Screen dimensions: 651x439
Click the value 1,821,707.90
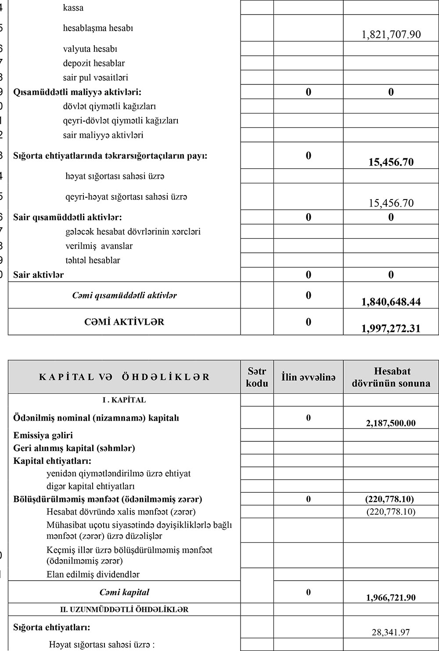point(391,34)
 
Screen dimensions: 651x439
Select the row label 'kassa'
point(73,8)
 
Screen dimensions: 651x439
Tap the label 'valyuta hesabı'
point(90,49)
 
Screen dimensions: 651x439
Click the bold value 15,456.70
point(391,162)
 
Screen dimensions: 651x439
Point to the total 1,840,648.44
point(391,302)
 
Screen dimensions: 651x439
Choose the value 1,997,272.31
point(391,328)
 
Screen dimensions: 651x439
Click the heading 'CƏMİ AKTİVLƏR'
point(124,322)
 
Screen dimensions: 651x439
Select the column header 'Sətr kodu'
point(257,377)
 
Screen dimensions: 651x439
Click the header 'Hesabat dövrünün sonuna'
point(391,377)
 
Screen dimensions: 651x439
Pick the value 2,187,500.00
point(391,423)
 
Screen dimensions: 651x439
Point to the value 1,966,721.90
point(391,597)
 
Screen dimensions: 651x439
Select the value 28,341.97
point(391,632)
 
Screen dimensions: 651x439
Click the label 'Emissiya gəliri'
point(43,435)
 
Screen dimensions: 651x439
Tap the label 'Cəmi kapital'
point(124,592)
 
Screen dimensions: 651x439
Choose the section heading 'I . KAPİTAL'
point(124,400)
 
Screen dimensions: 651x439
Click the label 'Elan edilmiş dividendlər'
point(93,574)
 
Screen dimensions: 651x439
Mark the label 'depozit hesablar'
point(94,63)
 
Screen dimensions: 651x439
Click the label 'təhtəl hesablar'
point(93,260)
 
